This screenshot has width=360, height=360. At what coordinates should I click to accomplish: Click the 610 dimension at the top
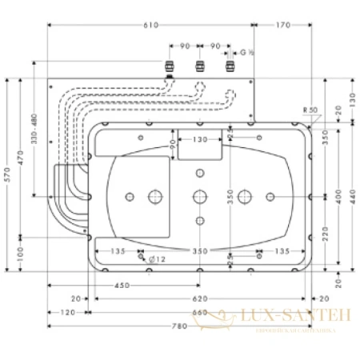click(150, 26)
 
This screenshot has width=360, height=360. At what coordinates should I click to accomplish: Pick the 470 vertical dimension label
click(22, 165)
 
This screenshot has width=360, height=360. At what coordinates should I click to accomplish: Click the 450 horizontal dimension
click(123, 285)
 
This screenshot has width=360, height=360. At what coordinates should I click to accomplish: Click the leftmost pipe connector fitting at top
click(168, 66)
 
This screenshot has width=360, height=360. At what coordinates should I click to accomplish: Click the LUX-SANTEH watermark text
click(300, 318)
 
